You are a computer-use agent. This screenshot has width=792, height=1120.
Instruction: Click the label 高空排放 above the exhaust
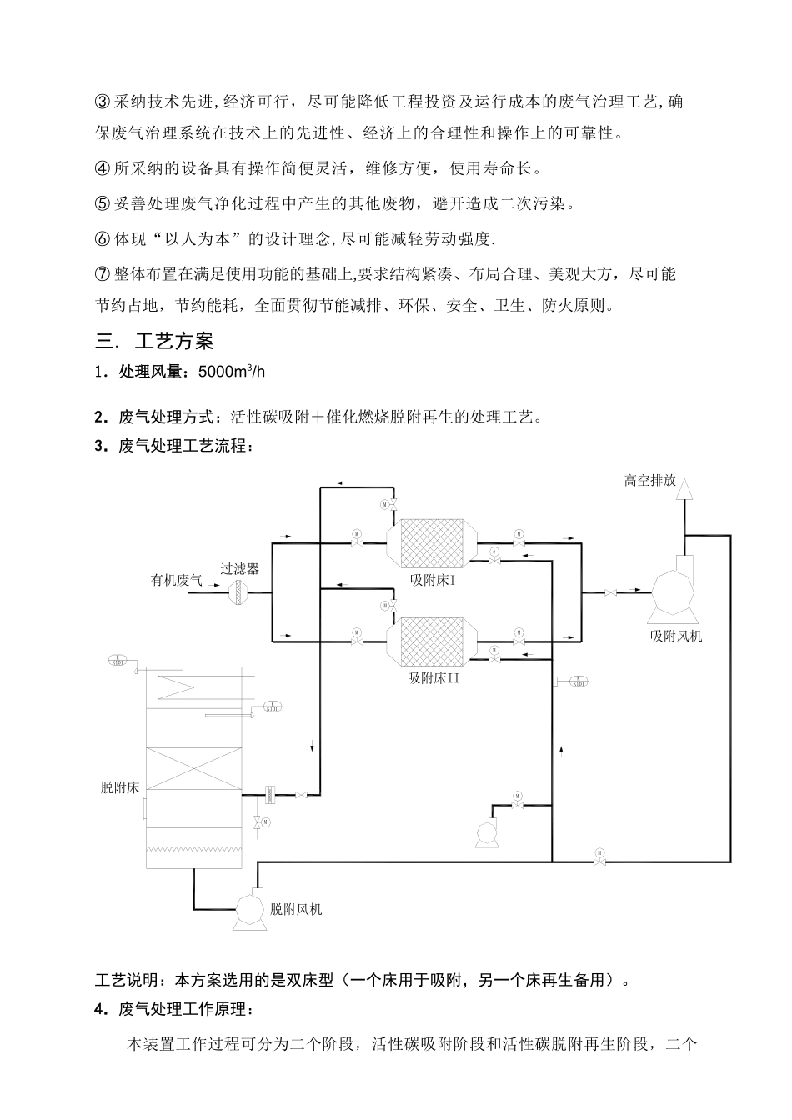649,481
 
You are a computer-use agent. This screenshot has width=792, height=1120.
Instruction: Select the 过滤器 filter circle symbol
240,592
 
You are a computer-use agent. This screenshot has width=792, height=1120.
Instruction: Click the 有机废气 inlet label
177,580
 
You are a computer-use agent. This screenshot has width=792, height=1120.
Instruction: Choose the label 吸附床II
434,677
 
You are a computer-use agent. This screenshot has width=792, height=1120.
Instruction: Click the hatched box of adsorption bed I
432,542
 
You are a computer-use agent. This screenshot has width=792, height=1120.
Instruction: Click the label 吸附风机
676,636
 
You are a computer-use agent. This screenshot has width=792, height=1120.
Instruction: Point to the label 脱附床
120,787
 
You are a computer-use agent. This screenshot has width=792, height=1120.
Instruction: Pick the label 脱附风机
296,909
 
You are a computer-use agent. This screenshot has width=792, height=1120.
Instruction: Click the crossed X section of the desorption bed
194,769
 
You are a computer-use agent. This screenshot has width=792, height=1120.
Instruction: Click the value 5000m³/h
232,372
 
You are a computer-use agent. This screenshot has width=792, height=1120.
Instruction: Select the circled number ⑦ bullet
103,274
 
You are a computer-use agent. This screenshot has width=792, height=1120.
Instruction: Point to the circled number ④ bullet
103,168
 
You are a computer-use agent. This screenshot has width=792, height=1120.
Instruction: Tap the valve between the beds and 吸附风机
611,592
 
